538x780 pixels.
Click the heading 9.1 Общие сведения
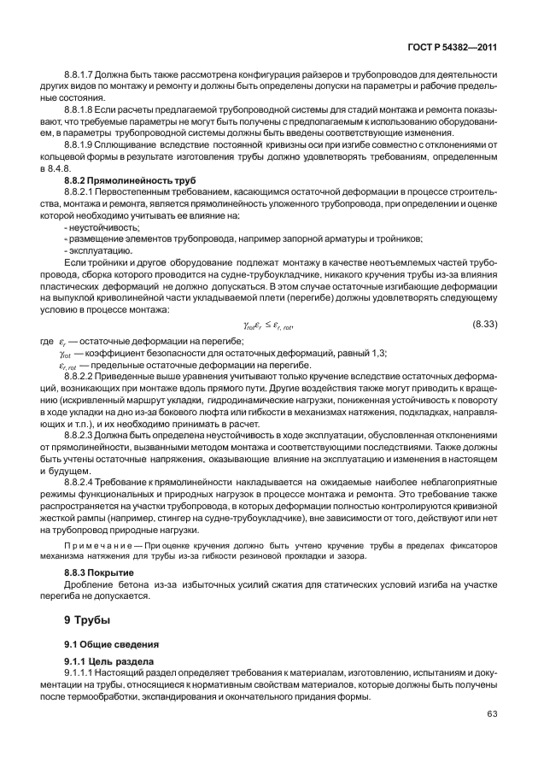[x=102, y=642]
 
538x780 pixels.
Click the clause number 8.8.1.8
[x=82, y=111]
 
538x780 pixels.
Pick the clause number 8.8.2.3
[x=82, y=434]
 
